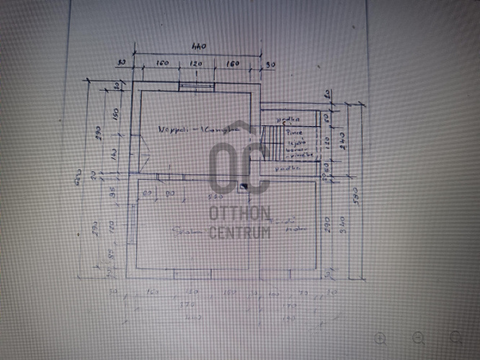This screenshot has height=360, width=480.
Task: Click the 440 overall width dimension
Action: pyautogui.click(x=198, y=47)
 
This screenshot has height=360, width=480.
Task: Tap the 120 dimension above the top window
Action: pyautogui.click(x=195, y=63)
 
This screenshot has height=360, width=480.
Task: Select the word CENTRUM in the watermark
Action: pyautogui.click(x=240, y=232)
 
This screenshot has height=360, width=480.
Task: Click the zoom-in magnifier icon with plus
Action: pyautogui.click(x=381, y=338)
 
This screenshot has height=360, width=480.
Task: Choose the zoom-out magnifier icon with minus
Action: pyautogui.click(x=418, y=338)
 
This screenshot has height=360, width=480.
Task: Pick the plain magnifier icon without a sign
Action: pyautogui.click(x=455, y=338)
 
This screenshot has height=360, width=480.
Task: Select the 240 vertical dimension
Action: pyautogui.click(x=341, y=141)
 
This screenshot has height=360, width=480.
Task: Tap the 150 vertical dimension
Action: pyautogui.click(x=115, y=114)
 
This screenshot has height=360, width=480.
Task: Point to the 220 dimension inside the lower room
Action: pyautogui.click(x=214, y=196)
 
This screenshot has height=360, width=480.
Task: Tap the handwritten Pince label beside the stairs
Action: pyautogui.click(x=293, y=132)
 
